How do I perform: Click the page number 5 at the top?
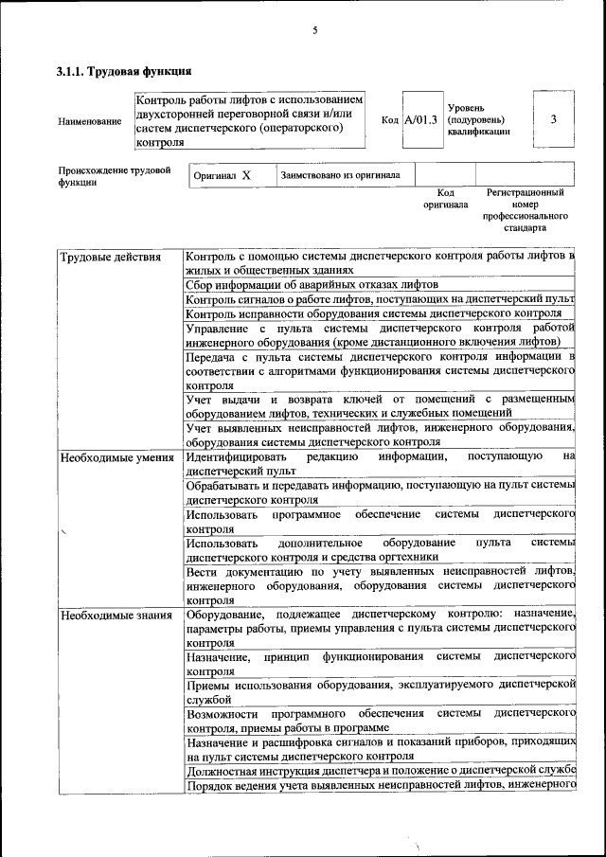click(x=314, y=30)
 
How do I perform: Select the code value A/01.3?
click(x=420, y=120)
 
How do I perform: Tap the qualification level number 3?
click(x=553, y=119)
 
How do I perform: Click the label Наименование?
click(x=90, y=121)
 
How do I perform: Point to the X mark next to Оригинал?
click(x=246, y=176)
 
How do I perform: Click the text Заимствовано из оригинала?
click(x=341, y=175)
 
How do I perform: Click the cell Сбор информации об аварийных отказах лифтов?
click(x=312, y=284)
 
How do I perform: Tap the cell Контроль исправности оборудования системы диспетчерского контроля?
click(x=375, y=313)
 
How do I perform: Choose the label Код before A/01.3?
click(x=389, y=120)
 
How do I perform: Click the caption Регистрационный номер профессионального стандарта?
click(x=525, y=210)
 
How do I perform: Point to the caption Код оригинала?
click(x=445, y=199)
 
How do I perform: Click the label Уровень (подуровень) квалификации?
click(x=478, y=120)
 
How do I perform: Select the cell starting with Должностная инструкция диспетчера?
click(x=381, y=770)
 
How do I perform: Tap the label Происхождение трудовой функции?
click(x=115, y=177)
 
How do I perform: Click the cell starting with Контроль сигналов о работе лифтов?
click(x=380, y=299)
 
